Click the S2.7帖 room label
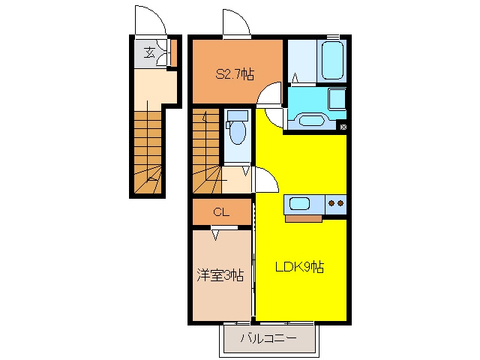(x=235, y=74)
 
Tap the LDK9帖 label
(x=299, y=267)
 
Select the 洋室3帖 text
(x=220, y=275)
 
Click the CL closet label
(x=221, y=211)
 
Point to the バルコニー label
(x=268, y=338)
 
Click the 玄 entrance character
(x=149, y=52)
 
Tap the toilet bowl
(x=238, y=132)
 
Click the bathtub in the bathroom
(x=331, y=60)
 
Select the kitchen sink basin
(x=299, y=203)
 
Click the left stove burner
(x=331, y=203)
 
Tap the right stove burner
(x=340, y=203)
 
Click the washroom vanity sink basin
(x=311, y=120)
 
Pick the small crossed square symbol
(x=343, y=127)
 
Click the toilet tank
(x=238, y=115)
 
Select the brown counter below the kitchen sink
(x=303, y=218)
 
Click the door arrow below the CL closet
(x=216, y=235)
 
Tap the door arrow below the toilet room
(x=245, y=171)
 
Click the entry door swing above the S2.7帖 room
(x=237, y=22)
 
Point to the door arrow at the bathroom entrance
(x=295, y=78)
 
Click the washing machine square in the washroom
(x=337, y=98)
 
